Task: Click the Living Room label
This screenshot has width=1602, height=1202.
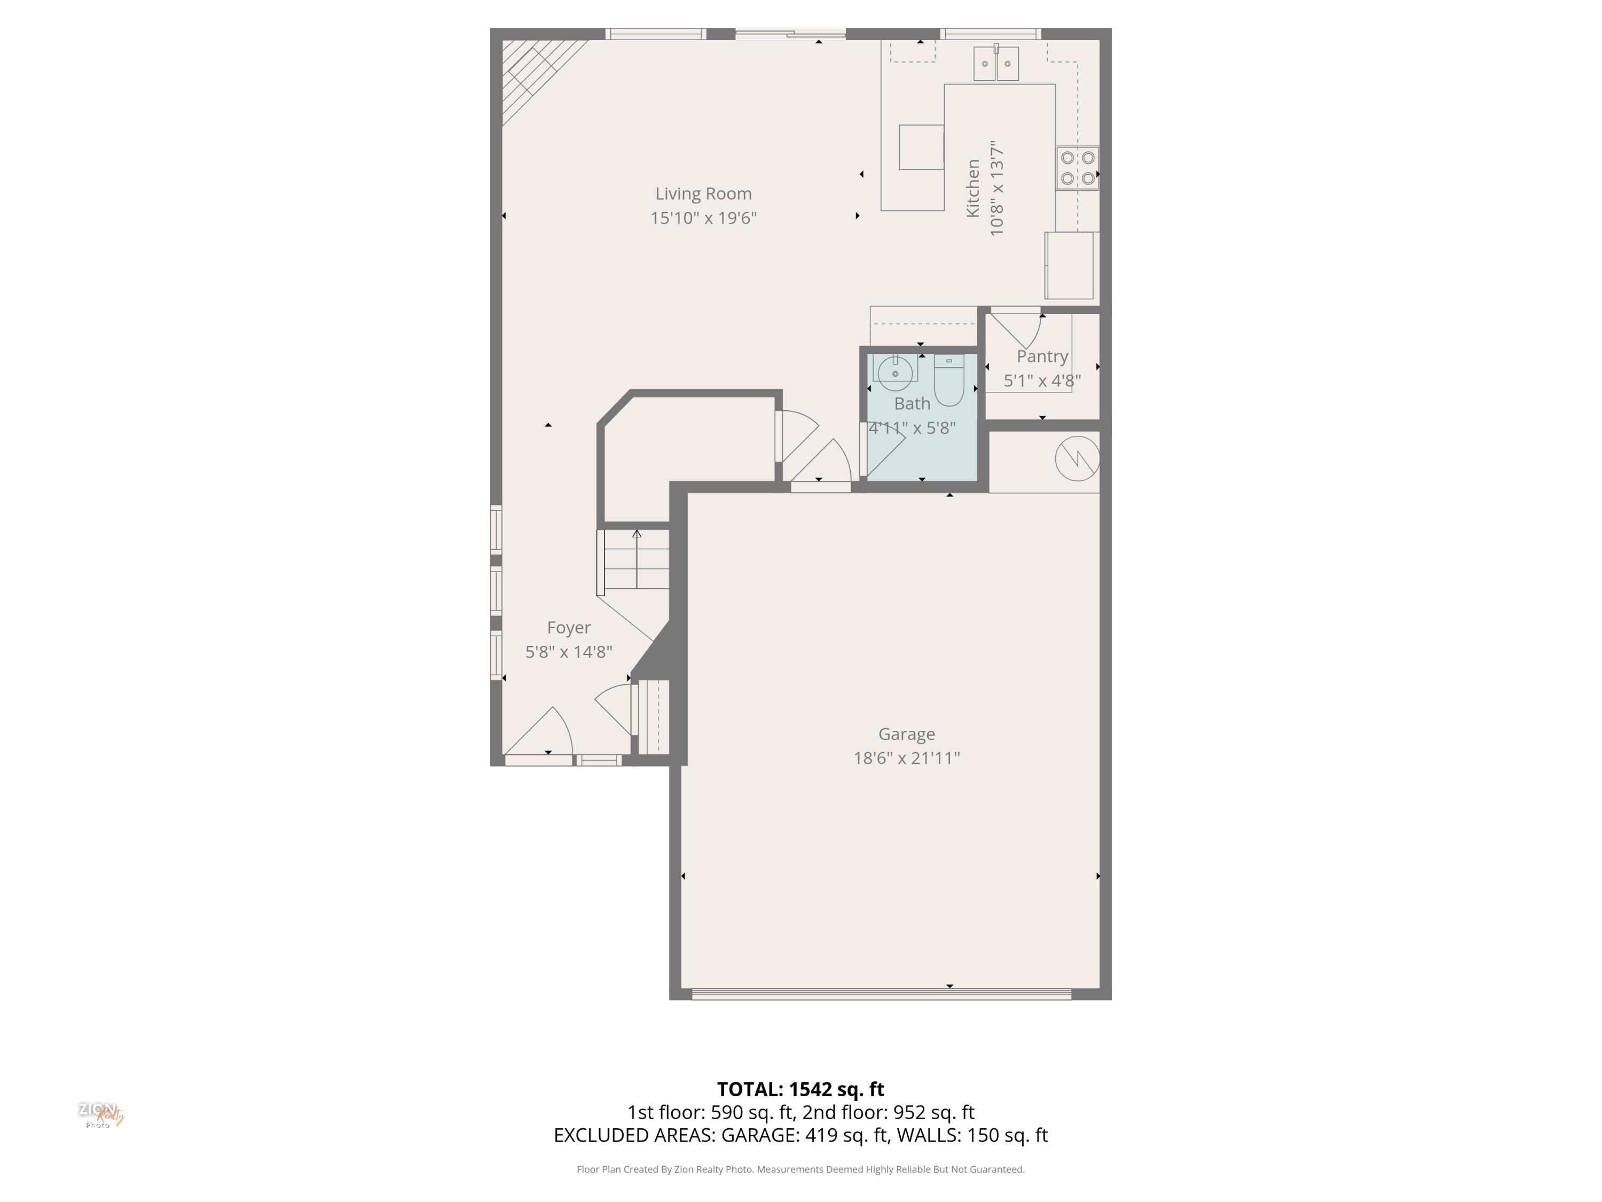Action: point(703,193)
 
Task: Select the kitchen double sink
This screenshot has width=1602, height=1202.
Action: point(996,63)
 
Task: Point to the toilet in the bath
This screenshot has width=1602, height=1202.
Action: point(949,380)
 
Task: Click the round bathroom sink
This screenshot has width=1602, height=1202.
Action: point(895,373)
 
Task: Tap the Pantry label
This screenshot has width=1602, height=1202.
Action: point(1042,356)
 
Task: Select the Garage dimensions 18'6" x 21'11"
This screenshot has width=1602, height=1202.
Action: point(906,758)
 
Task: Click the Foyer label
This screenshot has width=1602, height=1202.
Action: point(569,628)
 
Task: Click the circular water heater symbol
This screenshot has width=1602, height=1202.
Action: point(1077,458)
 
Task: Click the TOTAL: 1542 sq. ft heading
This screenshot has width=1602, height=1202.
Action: point(800,1089)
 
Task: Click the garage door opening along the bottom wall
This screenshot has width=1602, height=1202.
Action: point(882,994)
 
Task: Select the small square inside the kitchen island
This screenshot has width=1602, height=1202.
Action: point(921,147)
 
